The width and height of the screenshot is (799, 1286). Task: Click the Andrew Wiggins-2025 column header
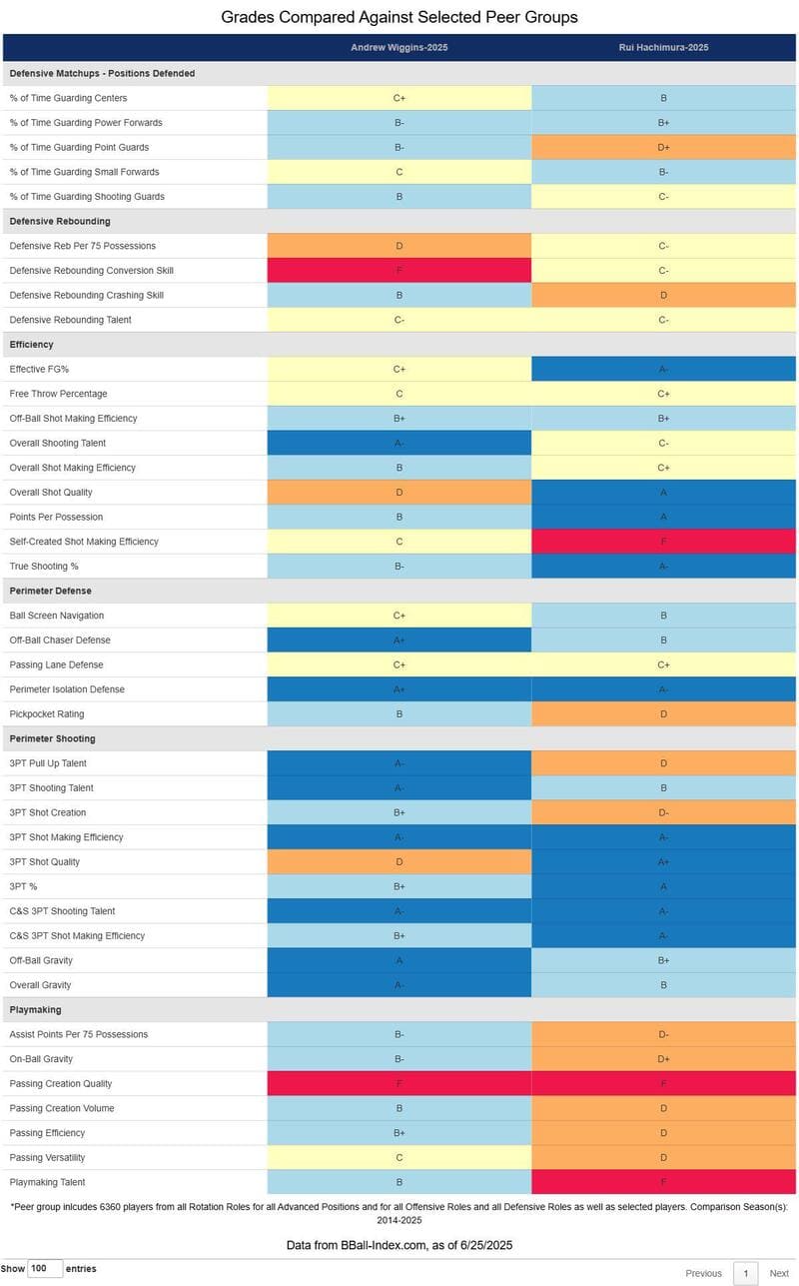[399, 47]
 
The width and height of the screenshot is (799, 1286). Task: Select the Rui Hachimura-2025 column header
[663, 47]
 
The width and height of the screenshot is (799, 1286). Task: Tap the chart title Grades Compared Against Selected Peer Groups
[399, 17]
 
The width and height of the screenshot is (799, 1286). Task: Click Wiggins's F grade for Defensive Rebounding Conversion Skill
[399, 270]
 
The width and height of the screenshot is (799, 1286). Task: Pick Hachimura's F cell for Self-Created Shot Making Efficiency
[663, 542]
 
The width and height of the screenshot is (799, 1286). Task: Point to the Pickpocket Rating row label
[47, 713]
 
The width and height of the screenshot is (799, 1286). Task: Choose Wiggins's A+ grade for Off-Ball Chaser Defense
[399, 640]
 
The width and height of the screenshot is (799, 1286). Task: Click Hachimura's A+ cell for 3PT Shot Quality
[663, 861]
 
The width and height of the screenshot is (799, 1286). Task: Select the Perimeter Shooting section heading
[52, 738]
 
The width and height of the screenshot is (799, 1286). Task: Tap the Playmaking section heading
[35, 1010]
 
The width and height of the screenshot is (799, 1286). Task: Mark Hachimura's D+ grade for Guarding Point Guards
[663, 147]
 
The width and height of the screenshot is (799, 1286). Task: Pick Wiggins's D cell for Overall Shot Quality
[399, 492]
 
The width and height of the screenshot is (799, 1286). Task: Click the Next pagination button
[779, 1273]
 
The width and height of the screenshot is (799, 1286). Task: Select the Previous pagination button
[703, 1273]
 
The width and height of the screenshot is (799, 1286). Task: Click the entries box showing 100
[45, 1268]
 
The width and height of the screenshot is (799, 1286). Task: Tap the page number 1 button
[745, 1273]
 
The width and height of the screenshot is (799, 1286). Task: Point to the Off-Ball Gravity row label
[41, 960]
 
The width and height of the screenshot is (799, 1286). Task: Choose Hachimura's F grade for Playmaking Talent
[663, 1182]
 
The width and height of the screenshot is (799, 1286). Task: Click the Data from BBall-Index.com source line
[399, 1244]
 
